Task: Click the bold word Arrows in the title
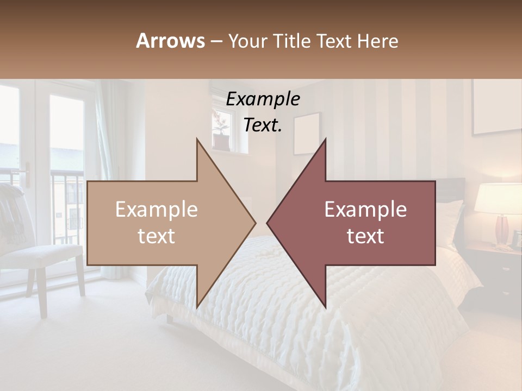coord(170,41)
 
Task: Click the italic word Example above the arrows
coord(263,99)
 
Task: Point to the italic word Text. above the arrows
coord(263,125)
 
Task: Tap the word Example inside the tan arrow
coord(157,210)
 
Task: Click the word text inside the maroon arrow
coord(365,236)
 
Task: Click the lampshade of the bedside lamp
coord(498,198)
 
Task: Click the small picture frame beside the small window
coord(307,133)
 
